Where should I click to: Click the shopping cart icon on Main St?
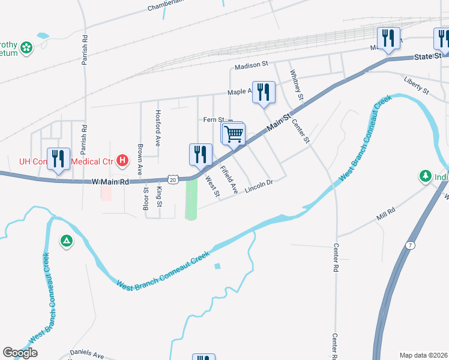(x=234, y=133)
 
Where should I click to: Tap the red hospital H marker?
(x=122, y=160)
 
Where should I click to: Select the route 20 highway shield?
(x=173, y=179)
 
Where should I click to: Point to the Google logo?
(x=20, y=353)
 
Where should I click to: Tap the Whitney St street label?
(x=297, y=85)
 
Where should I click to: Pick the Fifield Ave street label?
(x=229, y=179)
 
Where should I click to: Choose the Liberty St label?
(x=417, y=85)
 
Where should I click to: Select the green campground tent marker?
(x=66, y=241)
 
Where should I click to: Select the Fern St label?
(x=213, y=120)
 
